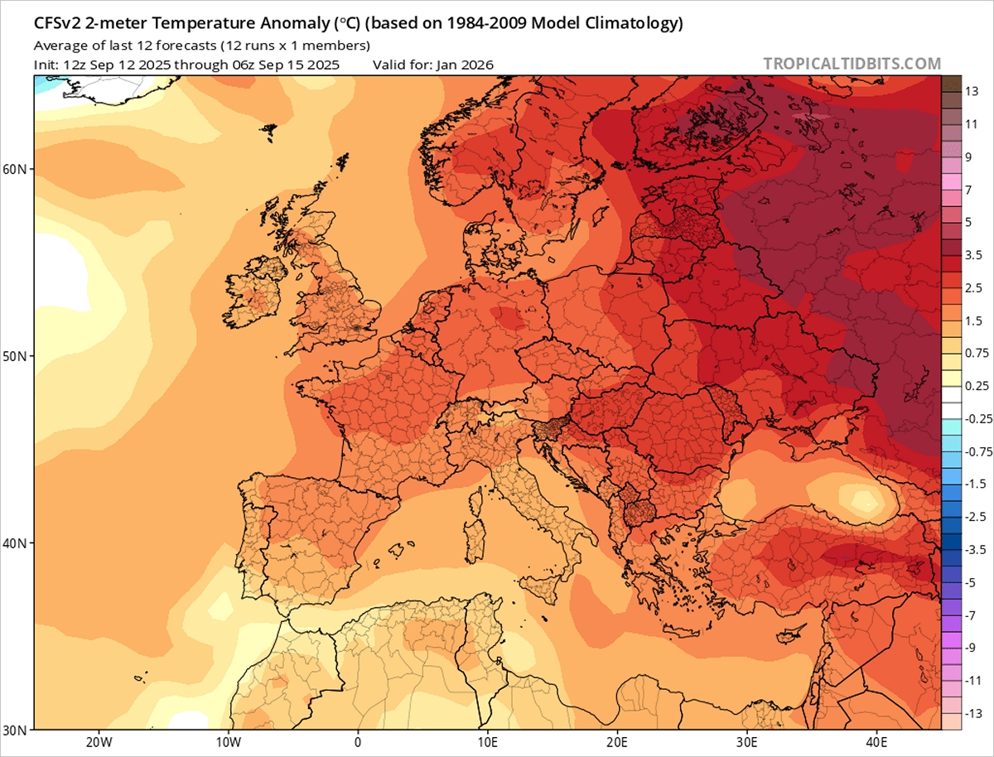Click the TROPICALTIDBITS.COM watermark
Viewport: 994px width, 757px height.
852,64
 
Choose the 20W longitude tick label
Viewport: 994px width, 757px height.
99,742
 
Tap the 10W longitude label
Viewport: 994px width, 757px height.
228,742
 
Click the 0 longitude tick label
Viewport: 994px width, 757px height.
358,742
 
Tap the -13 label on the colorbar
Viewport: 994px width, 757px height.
975,713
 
